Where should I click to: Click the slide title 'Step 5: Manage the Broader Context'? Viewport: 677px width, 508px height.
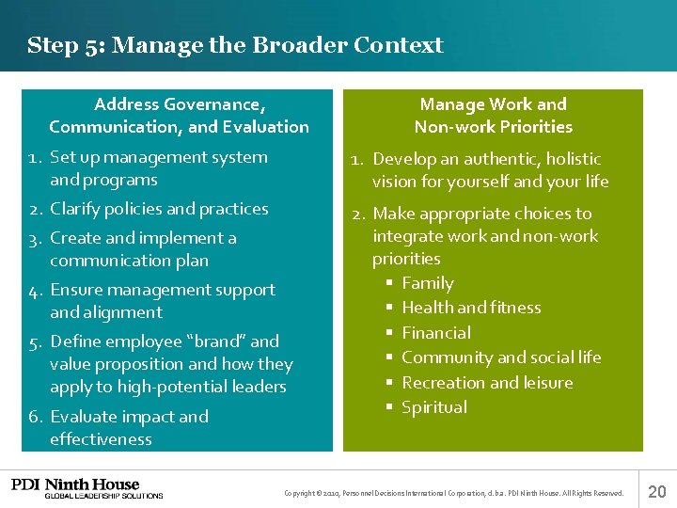click(x=235, y=45)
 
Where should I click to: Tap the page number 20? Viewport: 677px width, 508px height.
click(x=657, y=490)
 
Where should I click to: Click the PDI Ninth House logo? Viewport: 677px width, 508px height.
click(x=87, y=488)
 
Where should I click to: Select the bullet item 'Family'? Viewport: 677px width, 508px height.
click(x=427, y=283)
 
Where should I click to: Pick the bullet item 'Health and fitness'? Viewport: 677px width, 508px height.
click(x=471, y=308)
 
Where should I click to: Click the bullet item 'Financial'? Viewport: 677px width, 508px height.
click(x=436, y=333)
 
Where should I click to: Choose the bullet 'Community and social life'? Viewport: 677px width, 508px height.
click(x=501, y=357)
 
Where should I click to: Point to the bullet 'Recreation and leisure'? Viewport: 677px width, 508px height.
click(x=487, y=383)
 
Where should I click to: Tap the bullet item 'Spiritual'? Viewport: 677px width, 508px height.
click(x=434, y=407)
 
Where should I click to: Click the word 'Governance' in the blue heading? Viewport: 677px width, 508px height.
click(x=213, y=104)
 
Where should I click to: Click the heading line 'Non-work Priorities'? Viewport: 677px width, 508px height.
click(x=493, y=127)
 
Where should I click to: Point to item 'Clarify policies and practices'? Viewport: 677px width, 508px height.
click(x=159, y=209)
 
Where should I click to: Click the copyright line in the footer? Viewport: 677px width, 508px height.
click(x=453, y=493)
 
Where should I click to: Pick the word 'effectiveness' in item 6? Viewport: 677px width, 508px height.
click(x=101, y=439)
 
